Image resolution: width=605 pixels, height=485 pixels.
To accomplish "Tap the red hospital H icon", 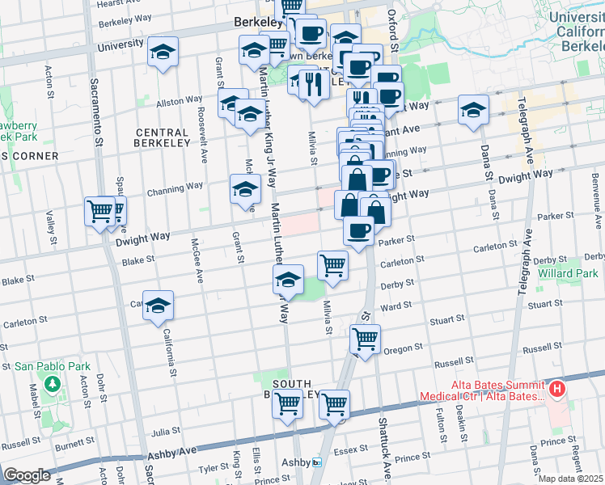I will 557,390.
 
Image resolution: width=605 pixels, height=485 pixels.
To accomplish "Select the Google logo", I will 27,474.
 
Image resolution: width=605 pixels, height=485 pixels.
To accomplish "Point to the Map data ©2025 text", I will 569,479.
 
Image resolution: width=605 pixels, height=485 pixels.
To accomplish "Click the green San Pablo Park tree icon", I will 53,382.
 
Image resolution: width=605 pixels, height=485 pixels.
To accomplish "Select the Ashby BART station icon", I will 317,462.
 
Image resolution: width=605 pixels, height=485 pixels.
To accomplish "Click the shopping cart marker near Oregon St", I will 366,338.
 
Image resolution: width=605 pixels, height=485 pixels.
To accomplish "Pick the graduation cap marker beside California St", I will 159,305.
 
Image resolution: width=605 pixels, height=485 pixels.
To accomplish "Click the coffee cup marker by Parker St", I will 358,230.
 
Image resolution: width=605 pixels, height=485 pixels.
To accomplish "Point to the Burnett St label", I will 70,444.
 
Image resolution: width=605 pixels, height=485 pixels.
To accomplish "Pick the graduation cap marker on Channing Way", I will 245,191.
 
